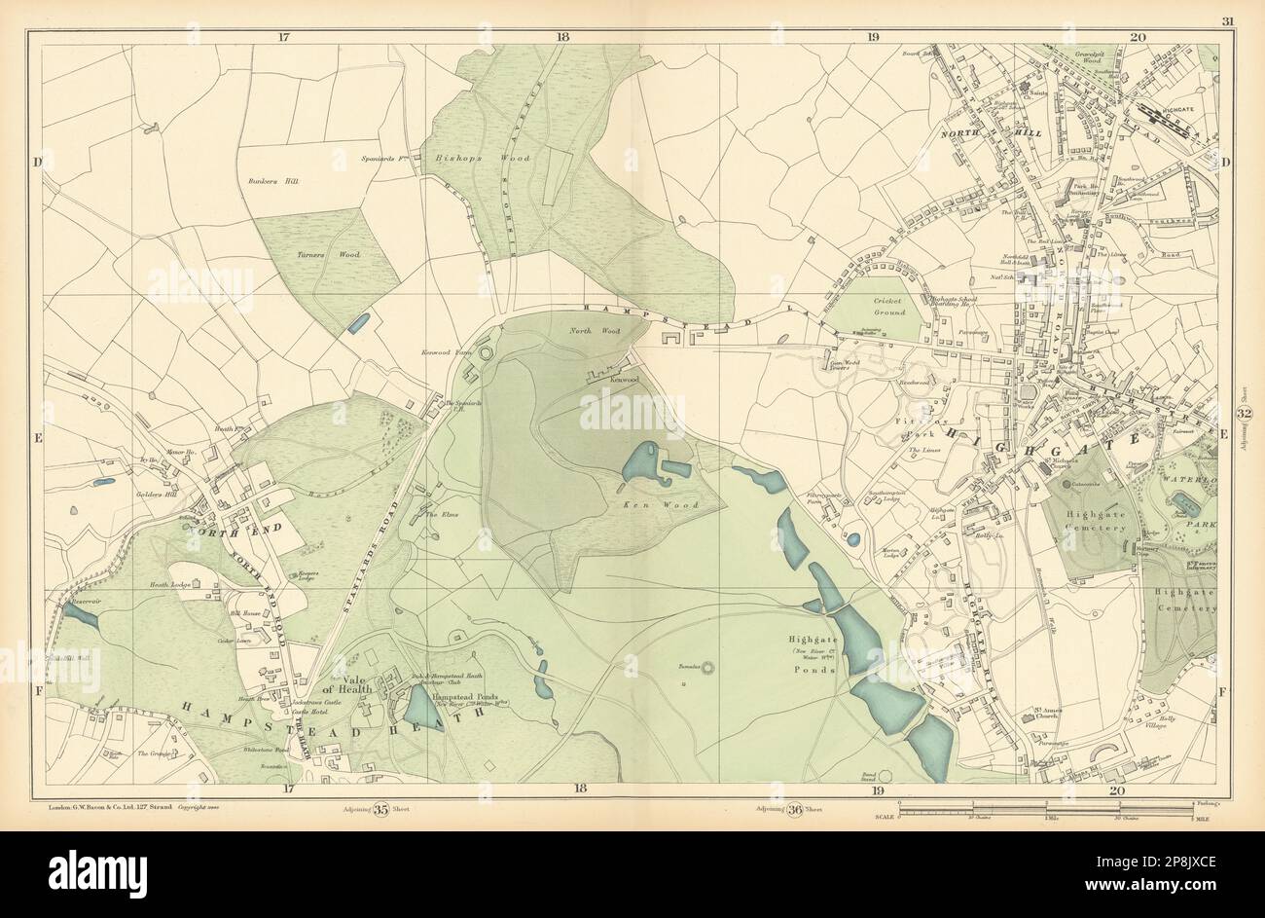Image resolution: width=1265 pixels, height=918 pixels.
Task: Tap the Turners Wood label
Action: point(316,254)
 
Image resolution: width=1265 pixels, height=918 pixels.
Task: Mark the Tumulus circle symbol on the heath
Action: point(706,668)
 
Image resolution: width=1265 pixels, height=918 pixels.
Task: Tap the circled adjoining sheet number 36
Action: point(793,816)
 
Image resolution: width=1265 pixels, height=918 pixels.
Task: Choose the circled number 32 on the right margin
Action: point(1244,414)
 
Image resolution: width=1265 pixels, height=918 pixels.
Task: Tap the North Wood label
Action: point(587,331)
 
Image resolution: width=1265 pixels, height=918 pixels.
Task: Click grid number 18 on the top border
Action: point(562,36)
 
